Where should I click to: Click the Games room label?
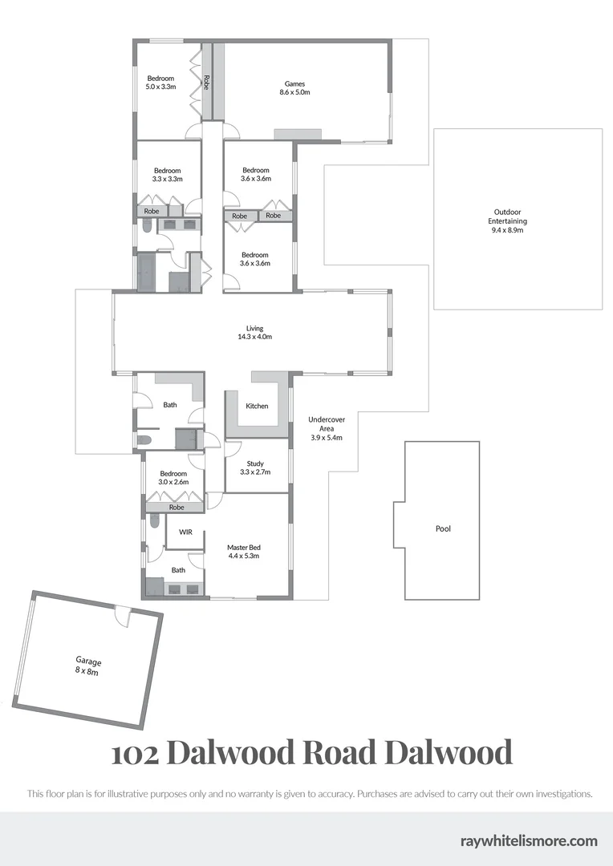294,88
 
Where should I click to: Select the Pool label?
443,529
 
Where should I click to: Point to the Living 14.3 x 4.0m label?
254,333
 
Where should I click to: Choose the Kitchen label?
257,407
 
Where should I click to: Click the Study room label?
255,468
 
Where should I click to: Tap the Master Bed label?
243,552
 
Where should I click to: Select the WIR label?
185,532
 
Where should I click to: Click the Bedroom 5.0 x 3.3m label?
160,83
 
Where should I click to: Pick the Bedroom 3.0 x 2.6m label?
173,478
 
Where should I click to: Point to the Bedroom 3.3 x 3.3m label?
168,175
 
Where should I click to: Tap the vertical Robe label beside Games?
206,81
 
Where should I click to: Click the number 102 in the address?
134,753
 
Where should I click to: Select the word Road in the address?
338,753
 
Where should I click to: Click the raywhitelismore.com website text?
529,840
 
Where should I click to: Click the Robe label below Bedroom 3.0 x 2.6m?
176,508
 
